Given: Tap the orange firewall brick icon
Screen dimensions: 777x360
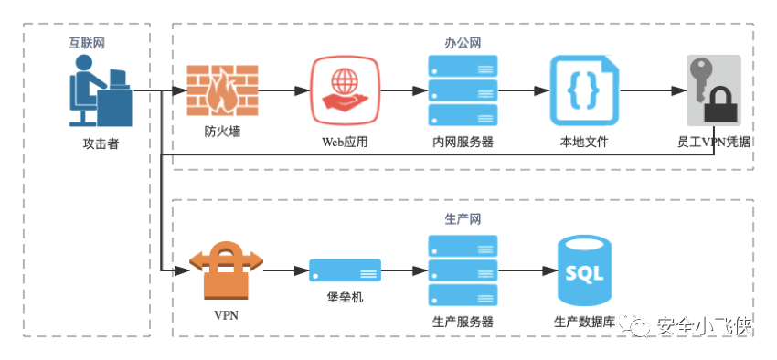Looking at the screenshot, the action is (x=222, y=90).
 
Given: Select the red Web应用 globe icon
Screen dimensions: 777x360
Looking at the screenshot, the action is (x=345, y=90).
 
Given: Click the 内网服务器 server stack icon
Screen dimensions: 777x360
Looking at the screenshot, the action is (x=463, y=90).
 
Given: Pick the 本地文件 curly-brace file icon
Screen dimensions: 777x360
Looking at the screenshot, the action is (x=584, y=90).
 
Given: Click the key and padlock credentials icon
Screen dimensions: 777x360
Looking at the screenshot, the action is (x=714, y=90).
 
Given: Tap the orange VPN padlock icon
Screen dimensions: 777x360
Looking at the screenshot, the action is (x=226, y=270).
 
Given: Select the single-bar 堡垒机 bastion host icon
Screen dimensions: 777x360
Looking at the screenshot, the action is (x=345, y=270).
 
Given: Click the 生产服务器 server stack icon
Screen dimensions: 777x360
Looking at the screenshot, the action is (x=463, y=270).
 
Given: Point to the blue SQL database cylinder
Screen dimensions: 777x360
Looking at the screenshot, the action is (x=584, y=270).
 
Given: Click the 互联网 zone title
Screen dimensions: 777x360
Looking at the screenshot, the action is (x=87, y=43).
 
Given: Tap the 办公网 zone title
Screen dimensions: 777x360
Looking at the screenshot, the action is (x=463, y=43).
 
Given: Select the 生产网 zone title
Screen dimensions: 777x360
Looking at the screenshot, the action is (x=463, y=219).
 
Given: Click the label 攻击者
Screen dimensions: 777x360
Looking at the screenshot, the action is (x=101, y=144).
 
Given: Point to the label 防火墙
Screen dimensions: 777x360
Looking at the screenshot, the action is (x=222, y=132).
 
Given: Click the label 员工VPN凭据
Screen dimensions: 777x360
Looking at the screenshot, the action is (x=714, y=143).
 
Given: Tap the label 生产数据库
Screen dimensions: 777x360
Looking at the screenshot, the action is (x=584, y=322).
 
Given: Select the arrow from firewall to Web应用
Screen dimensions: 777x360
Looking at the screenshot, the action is (x=284, y=90).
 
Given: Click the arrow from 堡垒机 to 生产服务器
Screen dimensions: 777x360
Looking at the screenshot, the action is (x=404, y=270).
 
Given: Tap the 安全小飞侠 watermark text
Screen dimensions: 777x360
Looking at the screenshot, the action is (x=705, y=325).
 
